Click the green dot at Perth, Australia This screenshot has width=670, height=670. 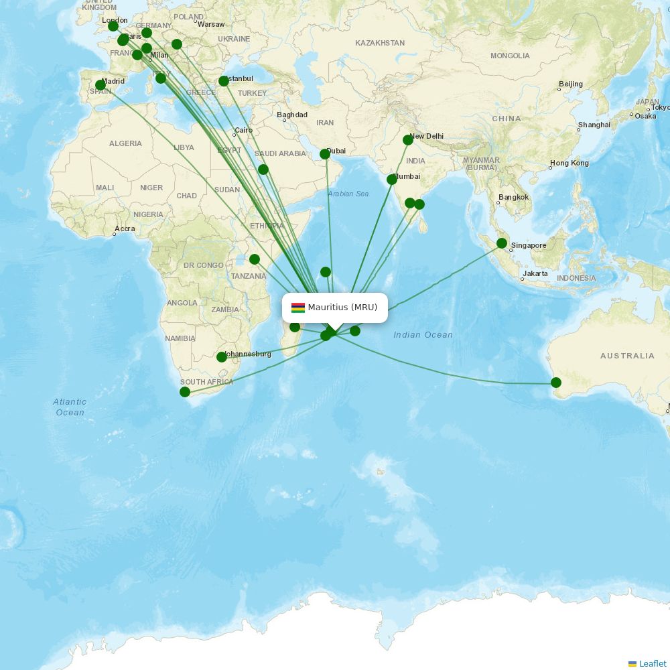[x=555, y=383]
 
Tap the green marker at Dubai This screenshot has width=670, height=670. [x=325, y=154]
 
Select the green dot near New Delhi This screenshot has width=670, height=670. [x=408, y=140]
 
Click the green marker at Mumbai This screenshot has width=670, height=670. [x=392, y=180]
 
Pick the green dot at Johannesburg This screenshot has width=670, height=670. [x=222, y=357]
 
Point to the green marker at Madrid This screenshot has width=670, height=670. [x=100, y=85]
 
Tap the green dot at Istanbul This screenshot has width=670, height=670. [x=224, y=81]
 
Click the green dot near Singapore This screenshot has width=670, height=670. [x=501, y=243]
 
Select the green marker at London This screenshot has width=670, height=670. [x=113, y=26]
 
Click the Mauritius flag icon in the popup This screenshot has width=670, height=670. [x=298, y=308]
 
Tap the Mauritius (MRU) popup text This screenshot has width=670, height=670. [x=342, y=308]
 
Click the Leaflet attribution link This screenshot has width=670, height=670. [x=652, y=663]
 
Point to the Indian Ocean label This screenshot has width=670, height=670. [x=423, y=335]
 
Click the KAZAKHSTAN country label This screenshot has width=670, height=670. [x=380, y=43]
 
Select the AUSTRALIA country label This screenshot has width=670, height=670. [x=627, y=356]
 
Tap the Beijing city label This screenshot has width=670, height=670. [x=570, y=84]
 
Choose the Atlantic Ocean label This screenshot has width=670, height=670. [x=70, y=407]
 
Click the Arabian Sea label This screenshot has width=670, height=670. [x=348, y=194]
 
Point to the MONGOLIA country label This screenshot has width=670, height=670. [x=510, y=56]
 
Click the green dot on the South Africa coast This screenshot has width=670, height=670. [x=185, y=392]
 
